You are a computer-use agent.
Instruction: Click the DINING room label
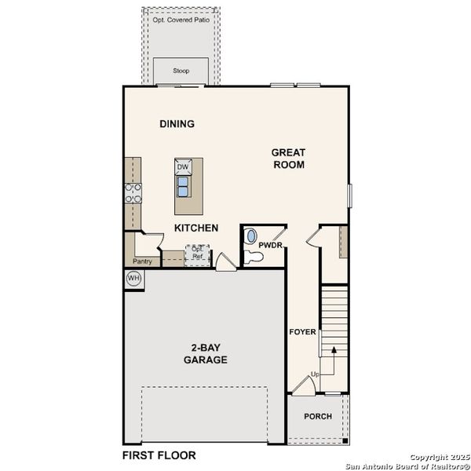point(177,124)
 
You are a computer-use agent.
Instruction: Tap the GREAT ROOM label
point(288,159)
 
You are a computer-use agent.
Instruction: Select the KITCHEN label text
point(195,228)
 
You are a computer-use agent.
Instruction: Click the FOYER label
point(302,332)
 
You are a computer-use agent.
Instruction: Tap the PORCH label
point(318,416)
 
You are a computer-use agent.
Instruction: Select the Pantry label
point(142,261)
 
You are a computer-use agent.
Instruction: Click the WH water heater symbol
point(133,279)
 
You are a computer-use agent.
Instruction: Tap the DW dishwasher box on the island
point(182,167)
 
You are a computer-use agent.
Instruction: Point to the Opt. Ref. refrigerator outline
point(197,254)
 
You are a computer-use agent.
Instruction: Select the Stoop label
point(181,70)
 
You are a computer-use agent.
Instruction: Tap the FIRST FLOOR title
point(159,455)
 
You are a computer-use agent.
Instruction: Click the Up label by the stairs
point(315,374)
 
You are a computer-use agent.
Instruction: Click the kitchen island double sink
point(182,185)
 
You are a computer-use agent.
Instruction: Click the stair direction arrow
point(333,355)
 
